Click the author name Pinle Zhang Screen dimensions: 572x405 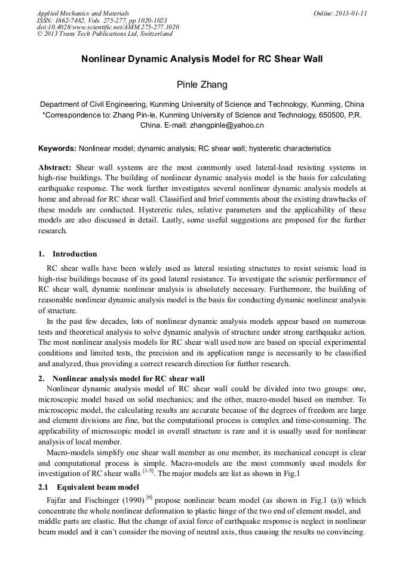[x=202, y=85]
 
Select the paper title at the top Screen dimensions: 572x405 [x=202, y=60]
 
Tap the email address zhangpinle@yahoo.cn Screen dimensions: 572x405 [x=227, y=126]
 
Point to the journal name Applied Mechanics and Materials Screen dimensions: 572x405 [x=83, y=13]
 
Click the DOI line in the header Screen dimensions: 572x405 [x=108, y=27]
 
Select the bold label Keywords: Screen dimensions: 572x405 [x=57, y=148]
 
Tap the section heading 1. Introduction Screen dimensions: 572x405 [x=67, y=254]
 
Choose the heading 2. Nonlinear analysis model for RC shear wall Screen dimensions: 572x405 [x=121, y=379]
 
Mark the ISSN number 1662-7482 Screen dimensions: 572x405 [x=69, y=20]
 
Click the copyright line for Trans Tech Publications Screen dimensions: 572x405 [x=105, y=34]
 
